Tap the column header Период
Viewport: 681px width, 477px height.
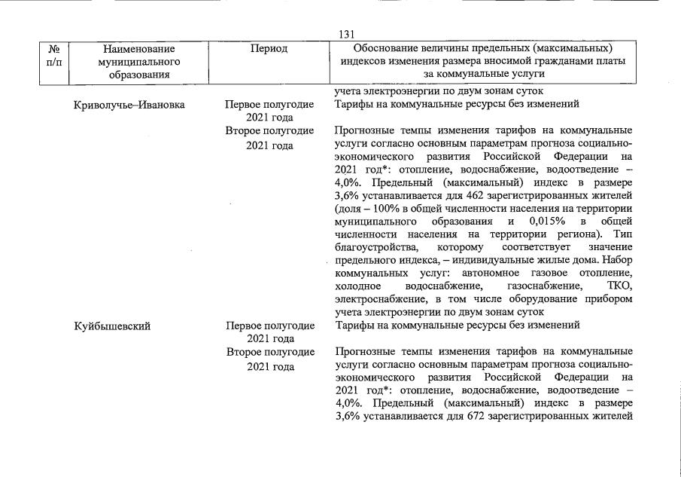coord(269,48)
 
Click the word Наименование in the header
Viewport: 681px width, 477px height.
coord(141,48)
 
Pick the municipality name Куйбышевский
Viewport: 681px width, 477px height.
coord(112,326)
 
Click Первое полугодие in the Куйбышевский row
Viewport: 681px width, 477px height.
coord(270,326)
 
